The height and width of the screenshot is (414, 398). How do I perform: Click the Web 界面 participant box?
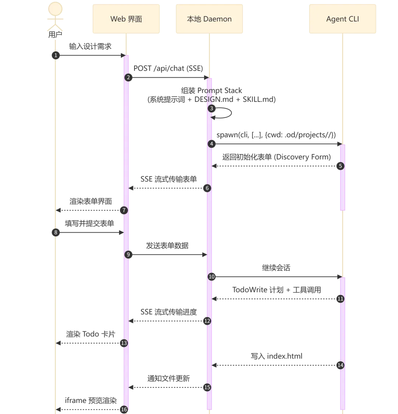pos(126,19)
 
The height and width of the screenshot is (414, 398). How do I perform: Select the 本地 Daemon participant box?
pos(209,19)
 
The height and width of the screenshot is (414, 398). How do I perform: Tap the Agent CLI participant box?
pos(343,19)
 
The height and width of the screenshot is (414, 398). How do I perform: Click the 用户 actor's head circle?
pos(55,9)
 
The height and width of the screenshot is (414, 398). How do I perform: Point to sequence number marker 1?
pos(56,55)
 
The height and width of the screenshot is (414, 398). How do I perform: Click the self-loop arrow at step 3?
pos(231,113)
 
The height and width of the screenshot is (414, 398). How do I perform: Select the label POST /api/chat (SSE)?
pos(168,68)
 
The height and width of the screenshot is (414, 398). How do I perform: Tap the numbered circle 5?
pos(341,166)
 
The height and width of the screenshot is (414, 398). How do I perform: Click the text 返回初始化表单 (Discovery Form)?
pos(276,157)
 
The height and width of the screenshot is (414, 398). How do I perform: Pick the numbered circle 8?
pos(56,233)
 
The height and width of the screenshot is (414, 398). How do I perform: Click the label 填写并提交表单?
pos(90,224)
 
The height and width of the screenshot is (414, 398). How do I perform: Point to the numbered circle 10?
pos(212,277)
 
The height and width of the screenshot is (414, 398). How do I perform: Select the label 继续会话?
pos(276,268)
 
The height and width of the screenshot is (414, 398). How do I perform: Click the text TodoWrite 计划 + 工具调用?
pos(277,290)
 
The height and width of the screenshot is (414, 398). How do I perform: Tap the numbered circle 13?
pos(124,343)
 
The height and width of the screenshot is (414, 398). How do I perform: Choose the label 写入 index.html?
pos(276,356)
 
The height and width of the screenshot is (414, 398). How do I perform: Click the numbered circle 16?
pos(124,410)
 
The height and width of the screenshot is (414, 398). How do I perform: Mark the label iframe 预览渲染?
pos(91,400)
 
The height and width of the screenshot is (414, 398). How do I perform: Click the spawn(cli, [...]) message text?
pos(276,135)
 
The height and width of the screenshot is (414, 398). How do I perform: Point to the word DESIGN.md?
pos(214,100)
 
